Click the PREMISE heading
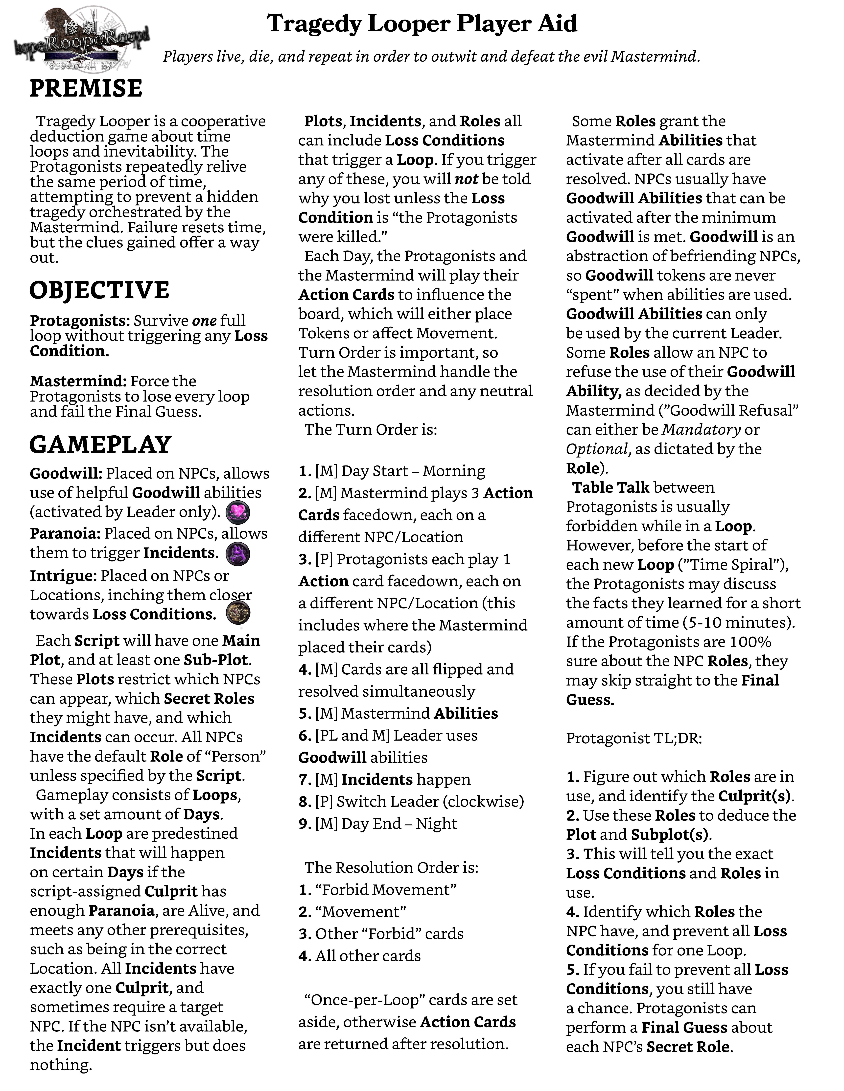pyautogui.click(x=86, y=88)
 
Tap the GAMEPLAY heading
pyautogui.click(x=100, y=445)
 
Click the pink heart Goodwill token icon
pyautogui.click(x=238, y=512)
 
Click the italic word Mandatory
pyautogui.click(x=701, y=430)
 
